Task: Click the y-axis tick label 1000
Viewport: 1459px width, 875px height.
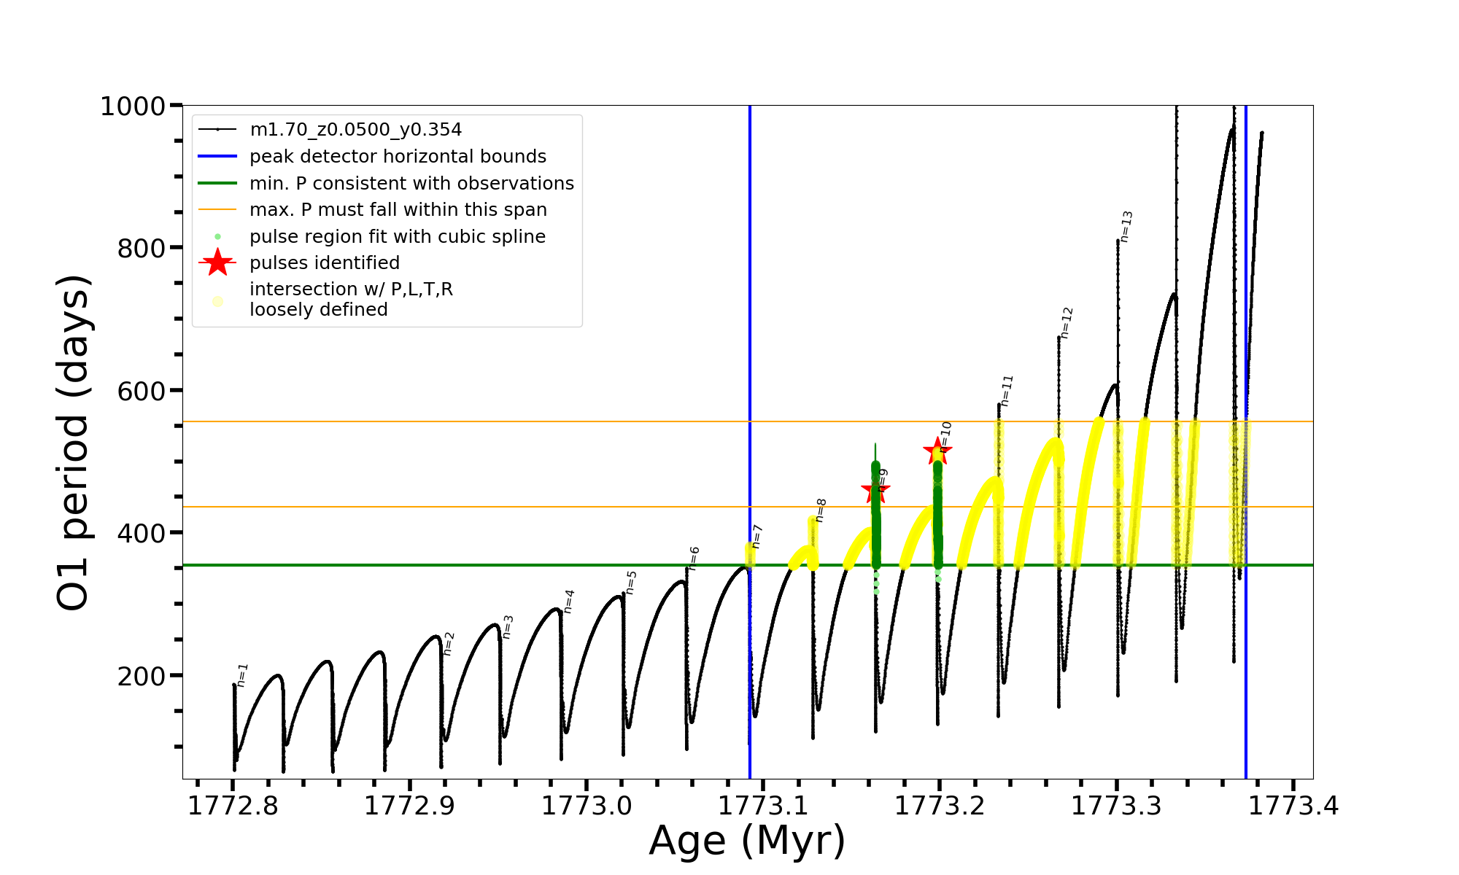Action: point(133,106)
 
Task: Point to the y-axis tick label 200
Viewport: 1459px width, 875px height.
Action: point(142,676)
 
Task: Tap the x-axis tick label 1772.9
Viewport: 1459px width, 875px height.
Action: point(409,806)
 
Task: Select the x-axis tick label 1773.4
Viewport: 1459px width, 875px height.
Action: point(1293,806)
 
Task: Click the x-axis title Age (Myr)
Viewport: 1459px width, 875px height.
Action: point(747,841)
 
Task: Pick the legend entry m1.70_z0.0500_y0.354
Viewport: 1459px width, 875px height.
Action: point(355,130)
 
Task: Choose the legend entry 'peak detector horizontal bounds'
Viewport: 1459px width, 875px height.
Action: point(398,157)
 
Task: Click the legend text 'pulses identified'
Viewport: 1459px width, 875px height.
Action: point(325,263)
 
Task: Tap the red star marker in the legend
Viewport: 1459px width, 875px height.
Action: point(217,263)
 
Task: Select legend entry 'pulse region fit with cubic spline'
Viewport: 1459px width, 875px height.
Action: point(398,237)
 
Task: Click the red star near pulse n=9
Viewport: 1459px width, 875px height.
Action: point(875,491)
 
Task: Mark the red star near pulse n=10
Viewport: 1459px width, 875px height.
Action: point(937,451)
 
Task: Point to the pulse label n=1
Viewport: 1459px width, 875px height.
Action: point(243,674)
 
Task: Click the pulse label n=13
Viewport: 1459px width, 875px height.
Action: point(1126,226)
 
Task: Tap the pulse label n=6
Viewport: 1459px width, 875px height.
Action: point(694,558)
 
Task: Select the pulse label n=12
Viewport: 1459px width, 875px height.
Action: point(1067,322)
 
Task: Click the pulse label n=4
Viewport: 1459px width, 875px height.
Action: point(570,601)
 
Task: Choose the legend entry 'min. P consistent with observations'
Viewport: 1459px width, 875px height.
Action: point(411,184)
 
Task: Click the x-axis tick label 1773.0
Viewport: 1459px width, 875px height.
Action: point(587,806)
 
